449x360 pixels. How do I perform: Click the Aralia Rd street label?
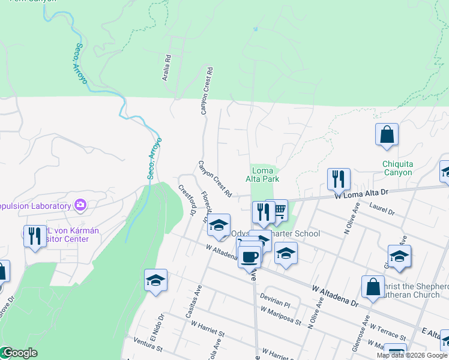(168, 61)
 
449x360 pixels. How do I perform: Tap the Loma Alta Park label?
(263, 174)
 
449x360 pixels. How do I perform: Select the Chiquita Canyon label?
(397, 168)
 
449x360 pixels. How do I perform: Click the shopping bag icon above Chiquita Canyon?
(387, 135)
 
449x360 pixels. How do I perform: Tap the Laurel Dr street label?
(382, 211)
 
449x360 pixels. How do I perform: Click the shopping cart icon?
(277, 211)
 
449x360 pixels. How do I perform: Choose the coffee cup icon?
(249, 257)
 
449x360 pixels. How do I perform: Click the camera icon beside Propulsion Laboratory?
(80, 206)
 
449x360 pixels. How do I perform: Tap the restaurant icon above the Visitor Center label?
(35, 236)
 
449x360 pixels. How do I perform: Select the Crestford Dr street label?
(188, 200)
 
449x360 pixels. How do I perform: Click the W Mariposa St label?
(281, 316)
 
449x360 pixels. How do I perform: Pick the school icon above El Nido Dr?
(155, 280)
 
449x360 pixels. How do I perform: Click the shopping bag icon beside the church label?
(373, 286)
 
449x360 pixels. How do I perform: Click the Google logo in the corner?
(19, 353)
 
